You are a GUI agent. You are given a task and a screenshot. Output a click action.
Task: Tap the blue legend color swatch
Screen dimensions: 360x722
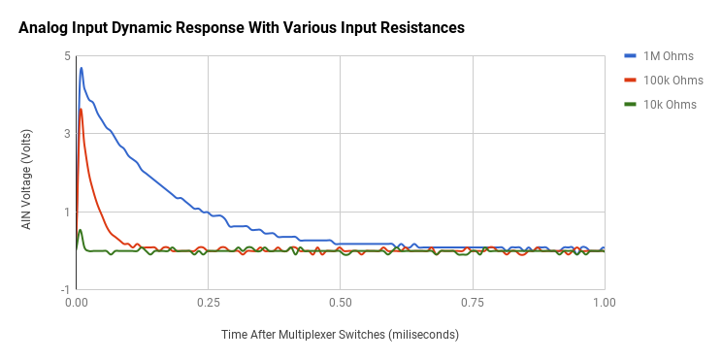pyautogui.click(x=629, y=55)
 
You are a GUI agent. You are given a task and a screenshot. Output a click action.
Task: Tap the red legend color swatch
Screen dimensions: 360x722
pyautogui.click(x=629, y=80)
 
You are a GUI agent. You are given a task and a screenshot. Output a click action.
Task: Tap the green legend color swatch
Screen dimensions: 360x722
pyautogui.click(x=629, y=104)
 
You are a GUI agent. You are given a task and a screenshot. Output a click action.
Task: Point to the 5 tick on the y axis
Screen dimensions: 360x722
pyautogui.click(x=67, y=56)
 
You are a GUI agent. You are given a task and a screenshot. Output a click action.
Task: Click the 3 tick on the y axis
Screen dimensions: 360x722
pyautogui.click(x=67, y=134)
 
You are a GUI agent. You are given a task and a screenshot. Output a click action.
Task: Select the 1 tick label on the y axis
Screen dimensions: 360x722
pyautogui.click(x=67, y=212)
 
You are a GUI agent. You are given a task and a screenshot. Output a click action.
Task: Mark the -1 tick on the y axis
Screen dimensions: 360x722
pyautogui.click(x=65, y=289)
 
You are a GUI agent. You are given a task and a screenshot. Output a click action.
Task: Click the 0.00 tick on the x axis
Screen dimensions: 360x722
pyautogui.click(x=77, y=303)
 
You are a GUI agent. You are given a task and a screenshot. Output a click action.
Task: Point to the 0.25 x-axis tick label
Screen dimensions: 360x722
pyautogui.click(x=209, y=303)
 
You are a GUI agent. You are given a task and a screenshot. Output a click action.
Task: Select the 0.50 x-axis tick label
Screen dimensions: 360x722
pyautogui.click(x=341, y=303)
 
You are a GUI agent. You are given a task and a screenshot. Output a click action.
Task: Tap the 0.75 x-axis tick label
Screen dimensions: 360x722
pyautogui.click(x=473, y=303)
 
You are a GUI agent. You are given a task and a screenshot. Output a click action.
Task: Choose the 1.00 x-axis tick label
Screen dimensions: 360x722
pyautogui.click(x=604, y=303)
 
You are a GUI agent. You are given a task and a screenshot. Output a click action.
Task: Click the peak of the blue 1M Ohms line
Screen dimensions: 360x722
pyautogui.click(x=82, y=68)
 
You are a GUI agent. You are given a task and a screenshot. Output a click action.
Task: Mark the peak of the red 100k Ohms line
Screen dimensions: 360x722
pyautogui.click(x=81, y=109)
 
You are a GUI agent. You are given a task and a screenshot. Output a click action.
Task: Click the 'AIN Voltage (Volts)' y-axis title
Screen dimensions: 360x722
pyautogui.click(x=28, y=173)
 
